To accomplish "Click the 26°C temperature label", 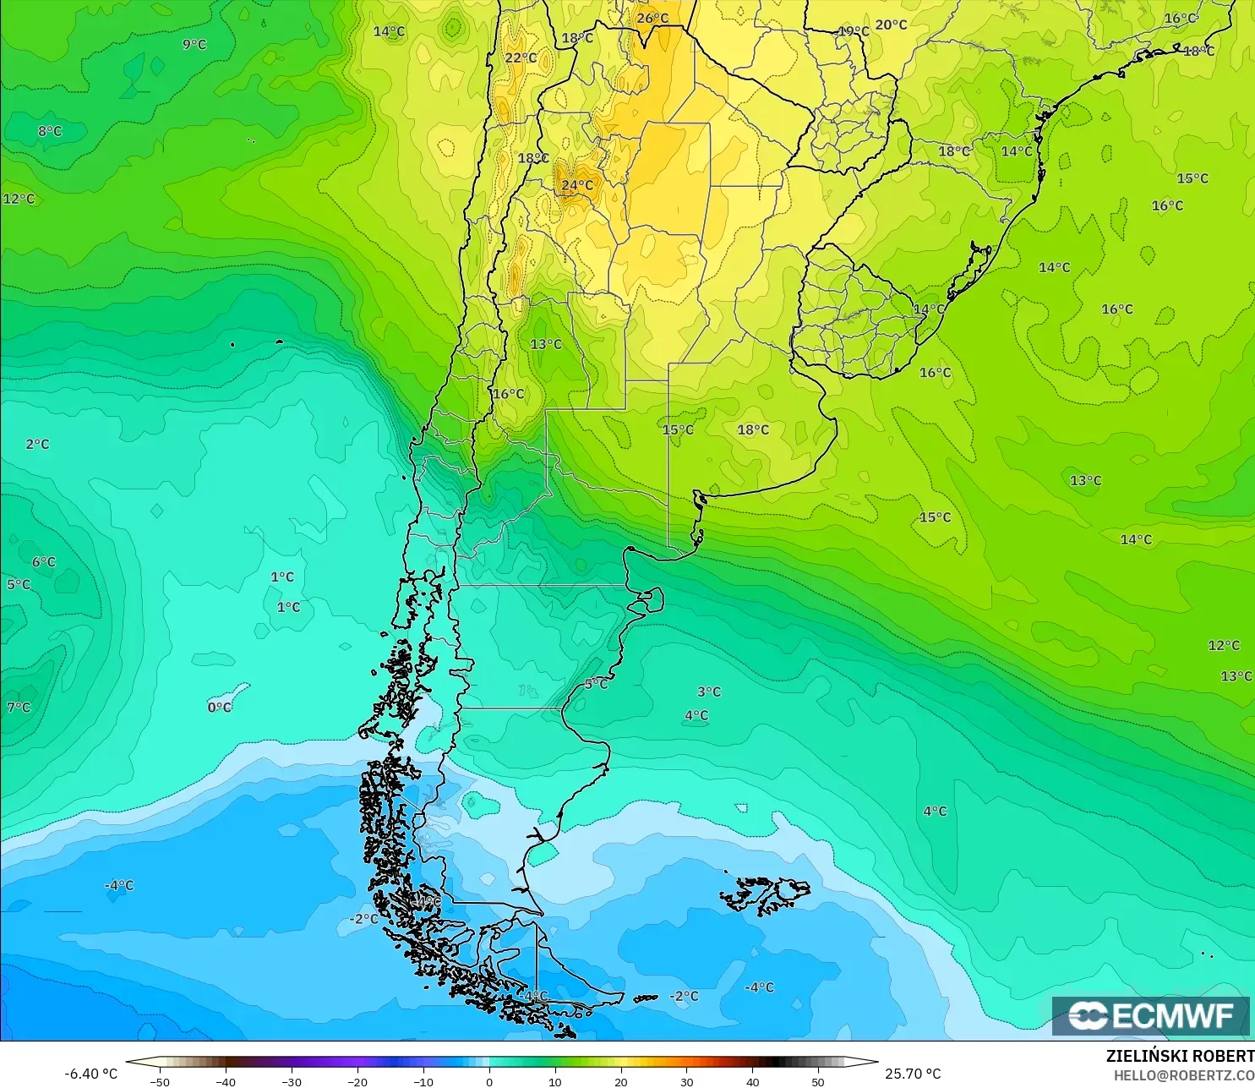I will click(652, 19).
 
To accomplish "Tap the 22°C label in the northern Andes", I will click(521, 57).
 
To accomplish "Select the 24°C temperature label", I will click(577, 185).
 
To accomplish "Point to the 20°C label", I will click(891, 25).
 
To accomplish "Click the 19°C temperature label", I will click(854, 31).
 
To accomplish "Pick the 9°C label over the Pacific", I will click(194, 44).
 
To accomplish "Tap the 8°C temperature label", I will click(50, 131).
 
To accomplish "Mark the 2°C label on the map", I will click(37, 444).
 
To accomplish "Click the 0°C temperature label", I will click(220, 707).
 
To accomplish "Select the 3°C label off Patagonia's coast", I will click(709, 692).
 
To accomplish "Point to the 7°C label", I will click(19, 707).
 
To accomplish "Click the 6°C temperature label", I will click(44, 562).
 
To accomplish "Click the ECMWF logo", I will click(1150, 1015).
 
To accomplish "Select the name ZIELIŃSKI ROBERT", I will click(1180, 1056).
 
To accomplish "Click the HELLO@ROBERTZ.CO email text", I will click(1183, 1075).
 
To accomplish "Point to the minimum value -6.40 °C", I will click(91, 1074).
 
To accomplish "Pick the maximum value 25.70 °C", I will click(913, 1074).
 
